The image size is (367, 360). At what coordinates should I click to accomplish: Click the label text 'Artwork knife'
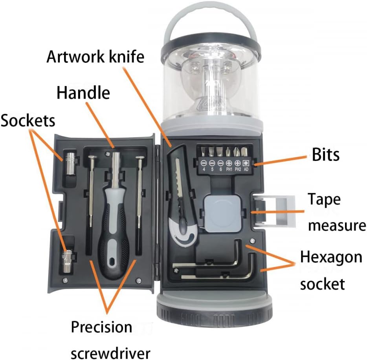tap(95, 57)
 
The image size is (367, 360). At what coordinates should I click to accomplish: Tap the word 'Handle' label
tap(83, 93)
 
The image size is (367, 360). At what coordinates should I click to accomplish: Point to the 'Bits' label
tap(325, 155)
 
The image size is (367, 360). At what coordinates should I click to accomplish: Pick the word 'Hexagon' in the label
tap(331, 258)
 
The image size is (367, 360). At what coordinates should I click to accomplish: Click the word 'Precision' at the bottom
tap(101, 327)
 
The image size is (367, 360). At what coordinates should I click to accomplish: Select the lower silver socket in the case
tap(68, 261)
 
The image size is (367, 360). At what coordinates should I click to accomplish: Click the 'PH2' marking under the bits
tap(237, 170)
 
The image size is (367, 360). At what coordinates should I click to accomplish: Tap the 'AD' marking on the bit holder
tap(246, 170)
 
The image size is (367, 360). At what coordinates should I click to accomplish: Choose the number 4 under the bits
tap(204, 170)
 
